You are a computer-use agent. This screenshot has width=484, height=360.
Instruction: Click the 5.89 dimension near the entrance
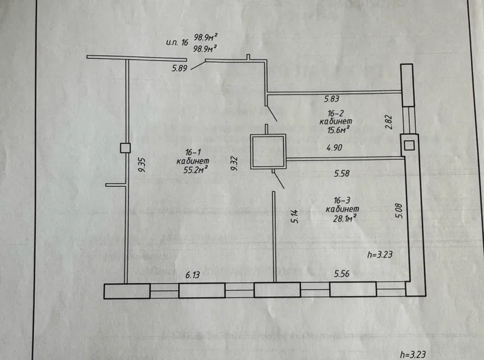(180, 68)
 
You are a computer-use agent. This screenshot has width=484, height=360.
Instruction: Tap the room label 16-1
(193, 152)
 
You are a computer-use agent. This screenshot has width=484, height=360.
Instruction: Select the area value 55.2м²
(195, 170)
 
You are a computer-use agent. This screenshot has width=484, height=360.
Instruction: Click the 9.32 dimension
(235, 163)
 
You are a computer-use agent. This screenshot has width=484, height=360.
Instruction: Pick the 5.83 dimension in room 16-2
(331, 99)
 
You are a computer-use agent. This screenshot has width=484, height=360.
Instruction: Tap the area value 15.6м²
(338, 130)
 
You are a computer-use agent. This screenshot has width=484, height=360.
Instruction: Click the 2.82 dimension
(388, 122)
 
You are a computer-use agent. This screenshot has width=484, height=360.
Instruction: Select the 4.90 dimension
(334, 148)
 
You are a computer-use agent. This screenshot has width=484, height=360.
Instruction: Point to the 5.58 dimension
(342, 174)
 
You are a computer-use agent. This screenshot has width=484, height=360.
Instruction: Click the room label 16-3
(343, 200)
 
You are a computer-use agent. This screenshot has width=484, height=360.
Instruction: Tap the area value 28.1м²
(344, 218)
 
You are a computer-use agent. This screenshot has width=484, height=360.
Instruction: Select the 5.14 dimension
(295, 216)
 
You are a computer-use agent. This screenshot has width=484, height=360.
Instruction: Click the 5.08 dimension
(400, 210)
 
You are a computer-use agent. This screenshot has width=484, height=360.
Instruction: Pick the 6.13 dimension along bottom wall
(192, 274)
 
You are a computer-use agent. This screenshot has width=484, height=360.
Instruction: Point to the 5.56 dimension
(342, 274)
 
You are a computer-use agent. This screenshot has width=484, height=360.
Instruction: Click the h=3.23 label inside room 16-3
(380, 254)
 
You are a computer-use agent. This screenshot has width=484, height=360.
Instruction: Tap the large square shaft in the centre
(268, 135)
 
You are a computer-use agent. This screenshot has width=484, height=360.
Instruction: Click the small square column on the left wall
(125, 148)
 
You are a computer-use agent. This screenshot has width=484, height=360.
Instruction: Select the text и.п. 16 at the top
(177, 42)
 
